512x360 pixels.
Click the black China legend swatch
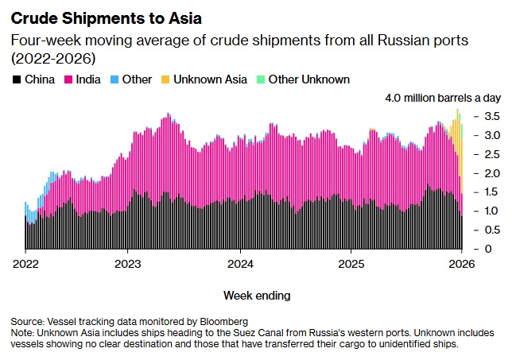(x=16, y=79)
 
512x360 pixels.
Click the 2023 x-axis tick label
(x=129, y=263)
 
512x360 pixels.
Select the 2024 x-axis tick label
(x=240, y=263)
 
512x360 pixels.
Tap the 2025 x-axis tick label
(x=351, y=263)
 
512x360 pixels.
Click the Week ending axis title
(x=257, y=296)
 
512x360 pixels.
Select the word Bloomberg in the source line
(x=223, y=321)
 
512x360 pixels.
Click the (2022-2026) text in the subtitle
(x=48, y=58)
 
